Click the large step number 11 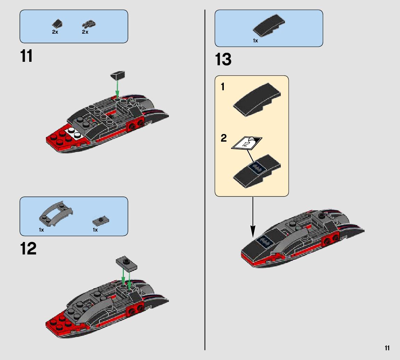click(27, 56)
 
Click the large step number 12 click(28, 249)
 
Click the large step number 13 click(223, 60)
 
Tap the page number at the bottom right click(387, 348)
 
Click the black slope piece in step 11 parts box click(57, 24)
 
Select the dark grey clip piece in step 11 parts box click(89, 24)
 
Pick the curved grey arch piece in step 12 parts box click(56, 213)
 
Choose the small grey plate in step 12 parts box click(100, 220)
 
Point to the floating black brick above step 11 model click(118, 75)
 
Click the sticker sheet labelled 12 click(246, 143)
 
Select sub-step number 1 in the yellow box click(223, 87)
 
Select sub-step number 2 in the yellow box click(223, 138)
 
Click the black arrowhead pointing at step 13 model click(253, 231)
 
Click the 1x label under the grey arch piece click(41, 230)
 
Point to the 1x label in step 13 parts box click(255, 41)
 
